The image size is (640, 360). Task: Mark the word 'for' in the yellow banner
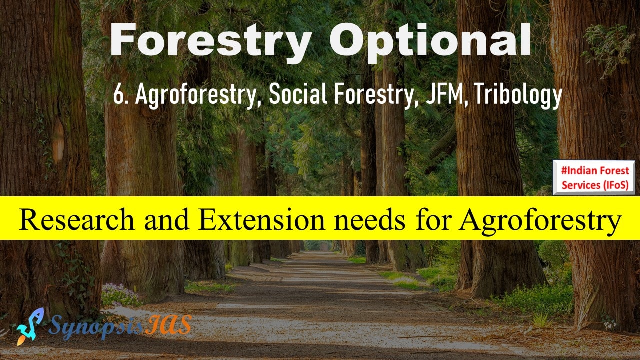(x=431, y=219)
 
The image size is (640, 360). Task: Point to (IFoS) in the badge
(x=616, y=185)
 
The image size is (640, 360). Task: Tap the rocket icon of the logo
(x=29, y=326)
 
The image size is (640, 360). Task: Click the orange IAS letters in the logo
(x=168, y=324)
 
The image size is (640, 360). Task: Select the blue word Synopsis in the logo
(x=96, y=327)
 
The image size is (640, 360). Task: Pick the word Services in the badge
(x=581, y=185)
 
